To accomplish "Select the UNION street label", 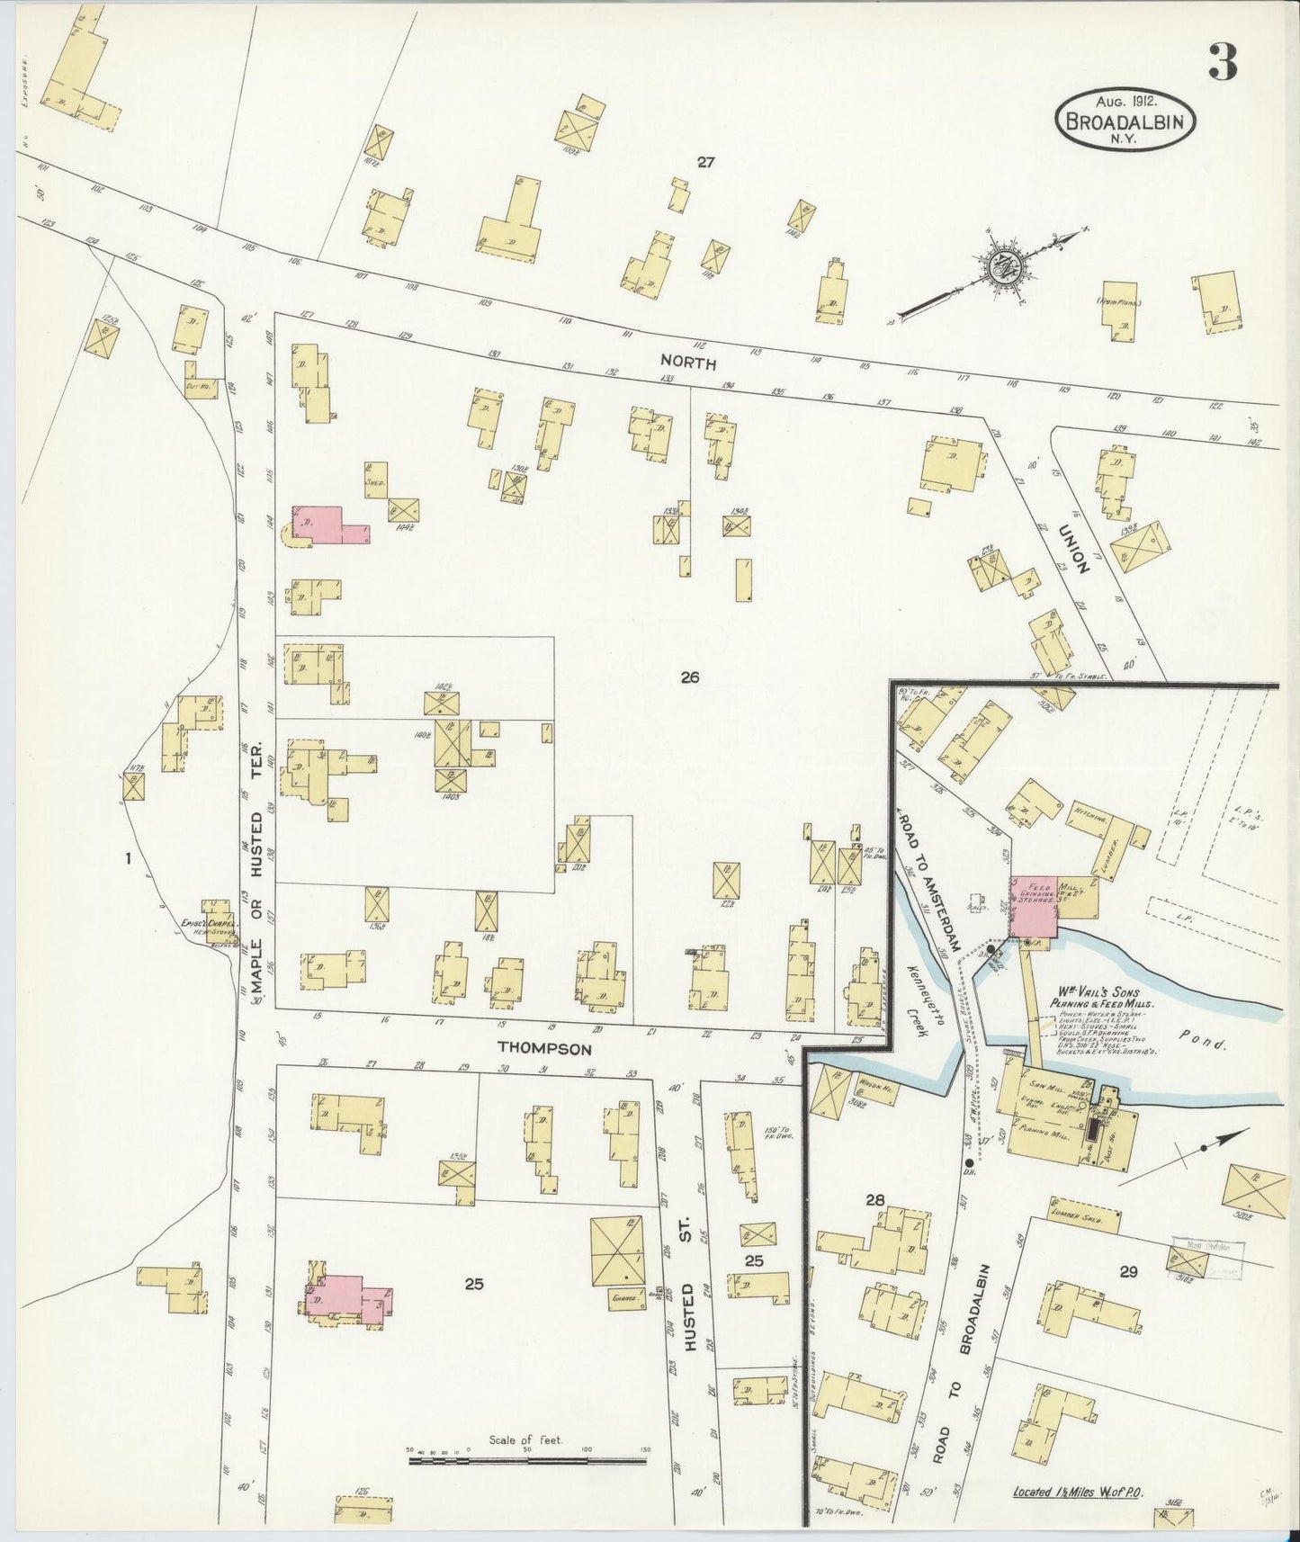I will [x=1075, y=549].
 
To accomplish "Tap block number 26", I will [x=690, y=677].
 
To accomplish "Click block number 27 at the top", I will [x=705, y=163].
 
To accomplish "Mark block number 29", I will [x=1128, y=1272].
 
